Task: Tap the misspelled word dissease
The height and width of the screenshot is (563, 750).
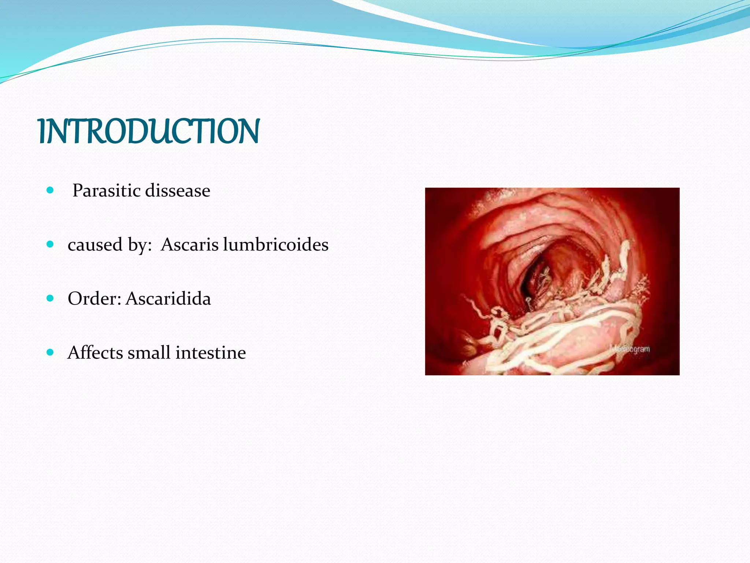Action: [178, 191]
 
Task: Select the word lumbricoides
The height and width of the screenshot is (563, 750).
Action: [275, 244]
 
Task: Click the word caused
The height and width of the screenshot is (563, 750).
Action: [95, 244]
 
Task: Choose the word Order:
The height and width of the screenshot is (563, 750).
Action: [94, 298]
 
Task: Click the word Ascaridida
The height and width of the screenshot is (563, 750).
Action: [168, 298]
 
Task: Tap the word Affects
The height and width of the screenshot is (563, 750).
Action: [95, 352]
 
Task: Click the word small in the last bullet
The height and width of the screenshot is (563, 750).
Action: [149, 352]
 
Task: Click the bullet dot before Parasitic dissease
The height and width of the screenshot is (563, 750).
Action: [51, 190]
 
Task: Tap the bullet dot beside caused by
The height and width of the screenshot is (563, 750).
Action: [51, 244]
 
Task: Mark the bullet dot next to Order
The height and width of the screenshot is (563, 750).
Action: [51, 298]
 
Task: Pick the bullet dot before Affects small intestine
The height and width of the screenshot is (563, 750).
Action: [51, 352]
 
